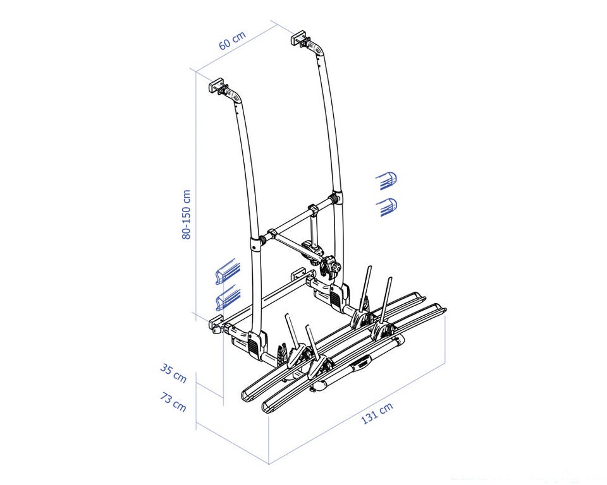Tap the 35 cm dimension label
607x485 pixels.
[x=173, y=374]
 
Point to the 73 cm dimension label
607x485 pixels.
[x=173, y=402]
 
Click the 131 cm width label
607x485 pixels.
[x=377, y=412]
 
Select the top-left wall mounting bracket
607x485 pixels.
[x=218, y=87]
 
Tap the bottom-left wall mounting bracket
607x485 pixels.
[x=217, y=325]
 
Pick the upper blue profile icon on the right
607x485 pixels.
[x=386, y=181]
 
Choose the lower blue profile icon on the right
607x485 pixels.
[x=386, y=207]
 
